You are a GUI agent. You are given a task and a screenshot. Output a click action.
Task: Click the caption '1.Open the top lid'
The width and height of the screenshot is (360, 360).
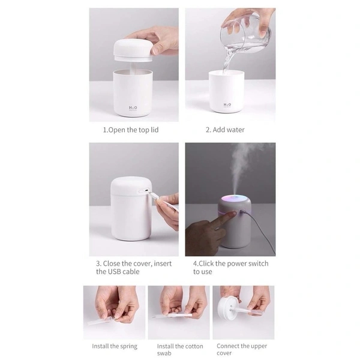coord(131,130)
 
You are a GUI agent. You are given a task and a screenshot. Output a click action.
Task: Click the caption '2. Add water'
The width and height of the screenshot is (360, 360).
coord(225,130)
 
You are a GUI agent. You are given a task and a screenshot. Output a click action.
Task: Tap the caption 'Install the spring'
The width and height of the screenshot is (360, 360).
coord(115,346)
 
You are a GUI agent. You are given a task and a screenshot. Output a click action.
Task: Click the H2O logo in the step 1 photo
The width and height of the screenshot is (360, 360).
coord(133,109)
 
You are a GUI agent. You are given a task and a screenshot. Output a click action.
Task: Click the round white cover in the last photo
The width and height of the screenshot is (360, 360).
coord(228,311)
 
